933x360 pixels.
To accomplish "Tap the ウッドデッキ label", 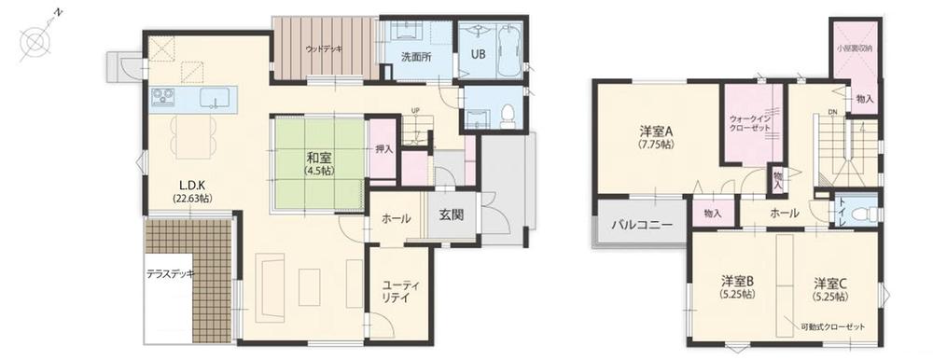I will [324, 48].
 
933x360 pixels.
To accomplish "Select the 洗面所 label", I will [416, 57].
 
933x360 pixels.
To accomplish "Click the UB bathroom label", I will [477, 53].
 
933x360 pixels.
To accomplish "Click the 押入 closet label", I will [383, 147].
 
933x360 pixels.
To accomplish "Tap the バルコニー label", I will [641, 225].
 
